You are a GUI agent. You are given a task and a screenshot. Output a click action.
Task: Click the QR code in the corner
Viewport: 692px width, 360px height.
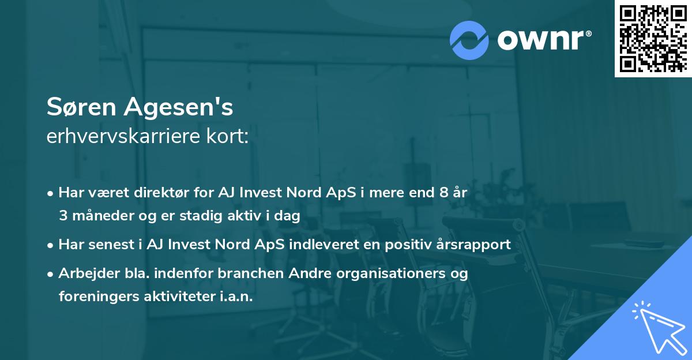point(653,38)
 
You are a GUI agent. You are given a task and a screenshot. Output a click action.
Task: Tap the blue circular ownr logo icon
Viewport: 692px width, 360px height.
point(469,40)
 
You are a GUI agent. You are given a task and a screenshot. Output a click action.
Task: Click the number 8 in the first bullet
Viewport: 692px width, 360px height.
point(443,193)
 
